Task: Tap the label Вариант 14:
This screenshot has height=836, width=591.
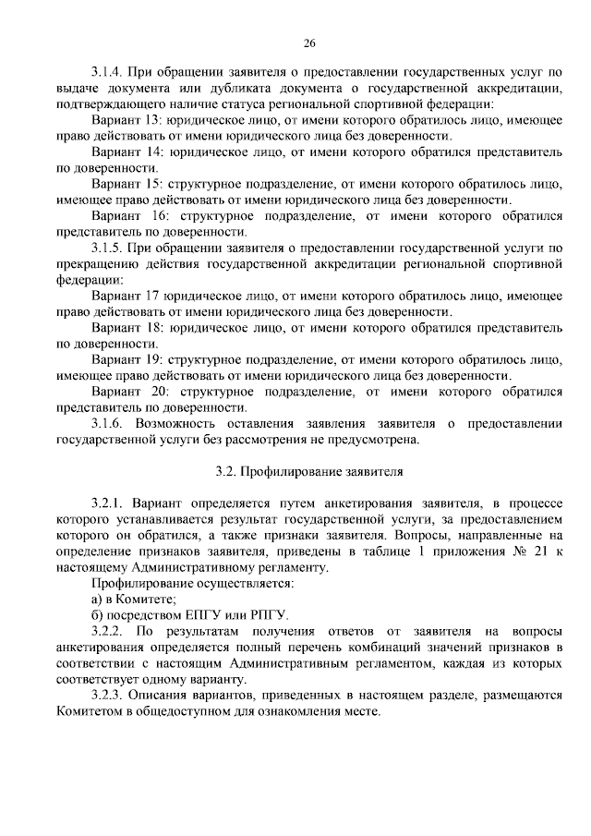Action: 127,151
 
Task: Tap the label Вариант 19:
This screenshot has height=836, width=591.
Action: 127,359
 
